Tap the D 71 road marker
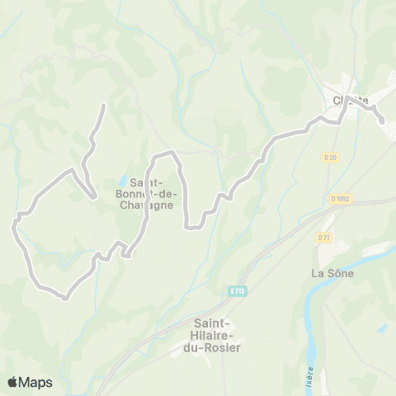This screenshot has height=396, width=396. [324, 237]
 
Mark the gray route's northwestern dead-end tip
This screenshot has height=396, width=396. [103, 106]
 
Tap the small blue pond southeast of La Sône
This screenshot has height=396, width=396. [382, 327]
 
